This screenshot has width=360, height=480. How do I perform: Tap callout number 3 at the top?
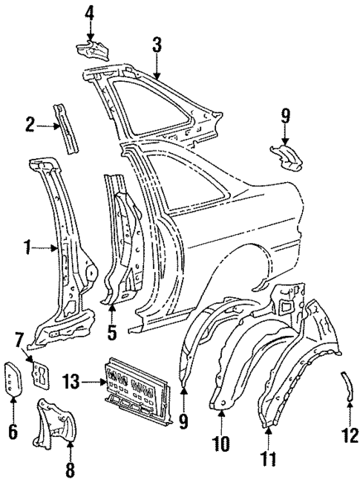tap(157, 43)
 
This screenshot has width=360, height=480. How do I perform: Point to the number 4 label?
tap(90, 13)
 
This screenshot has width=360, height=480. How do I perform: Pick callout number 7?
tap(20, 340)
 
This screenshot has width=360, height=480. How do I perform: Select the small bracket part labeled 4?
tap(92, 50)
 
